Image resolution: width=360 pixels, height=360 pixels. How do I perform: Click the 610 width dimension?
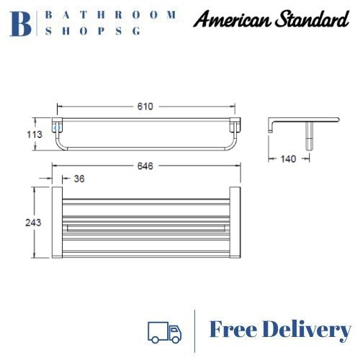click(x=145, y=107)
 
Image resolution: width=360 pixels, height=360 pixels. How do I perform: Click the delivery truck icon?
click(x=164, y=331)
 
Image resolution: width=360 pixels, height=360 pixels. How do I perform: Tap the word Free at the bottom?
click(x=238, y=330)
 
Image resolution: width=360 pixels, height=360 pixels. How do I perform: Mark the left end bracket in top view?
click(x=56, y=223)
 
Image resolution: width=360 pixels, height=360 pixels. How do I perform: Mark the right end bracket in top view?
click(x=235, y=223)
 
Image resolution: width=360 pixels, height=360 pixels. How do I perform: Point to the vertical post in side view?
click(x=312, y=135)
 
